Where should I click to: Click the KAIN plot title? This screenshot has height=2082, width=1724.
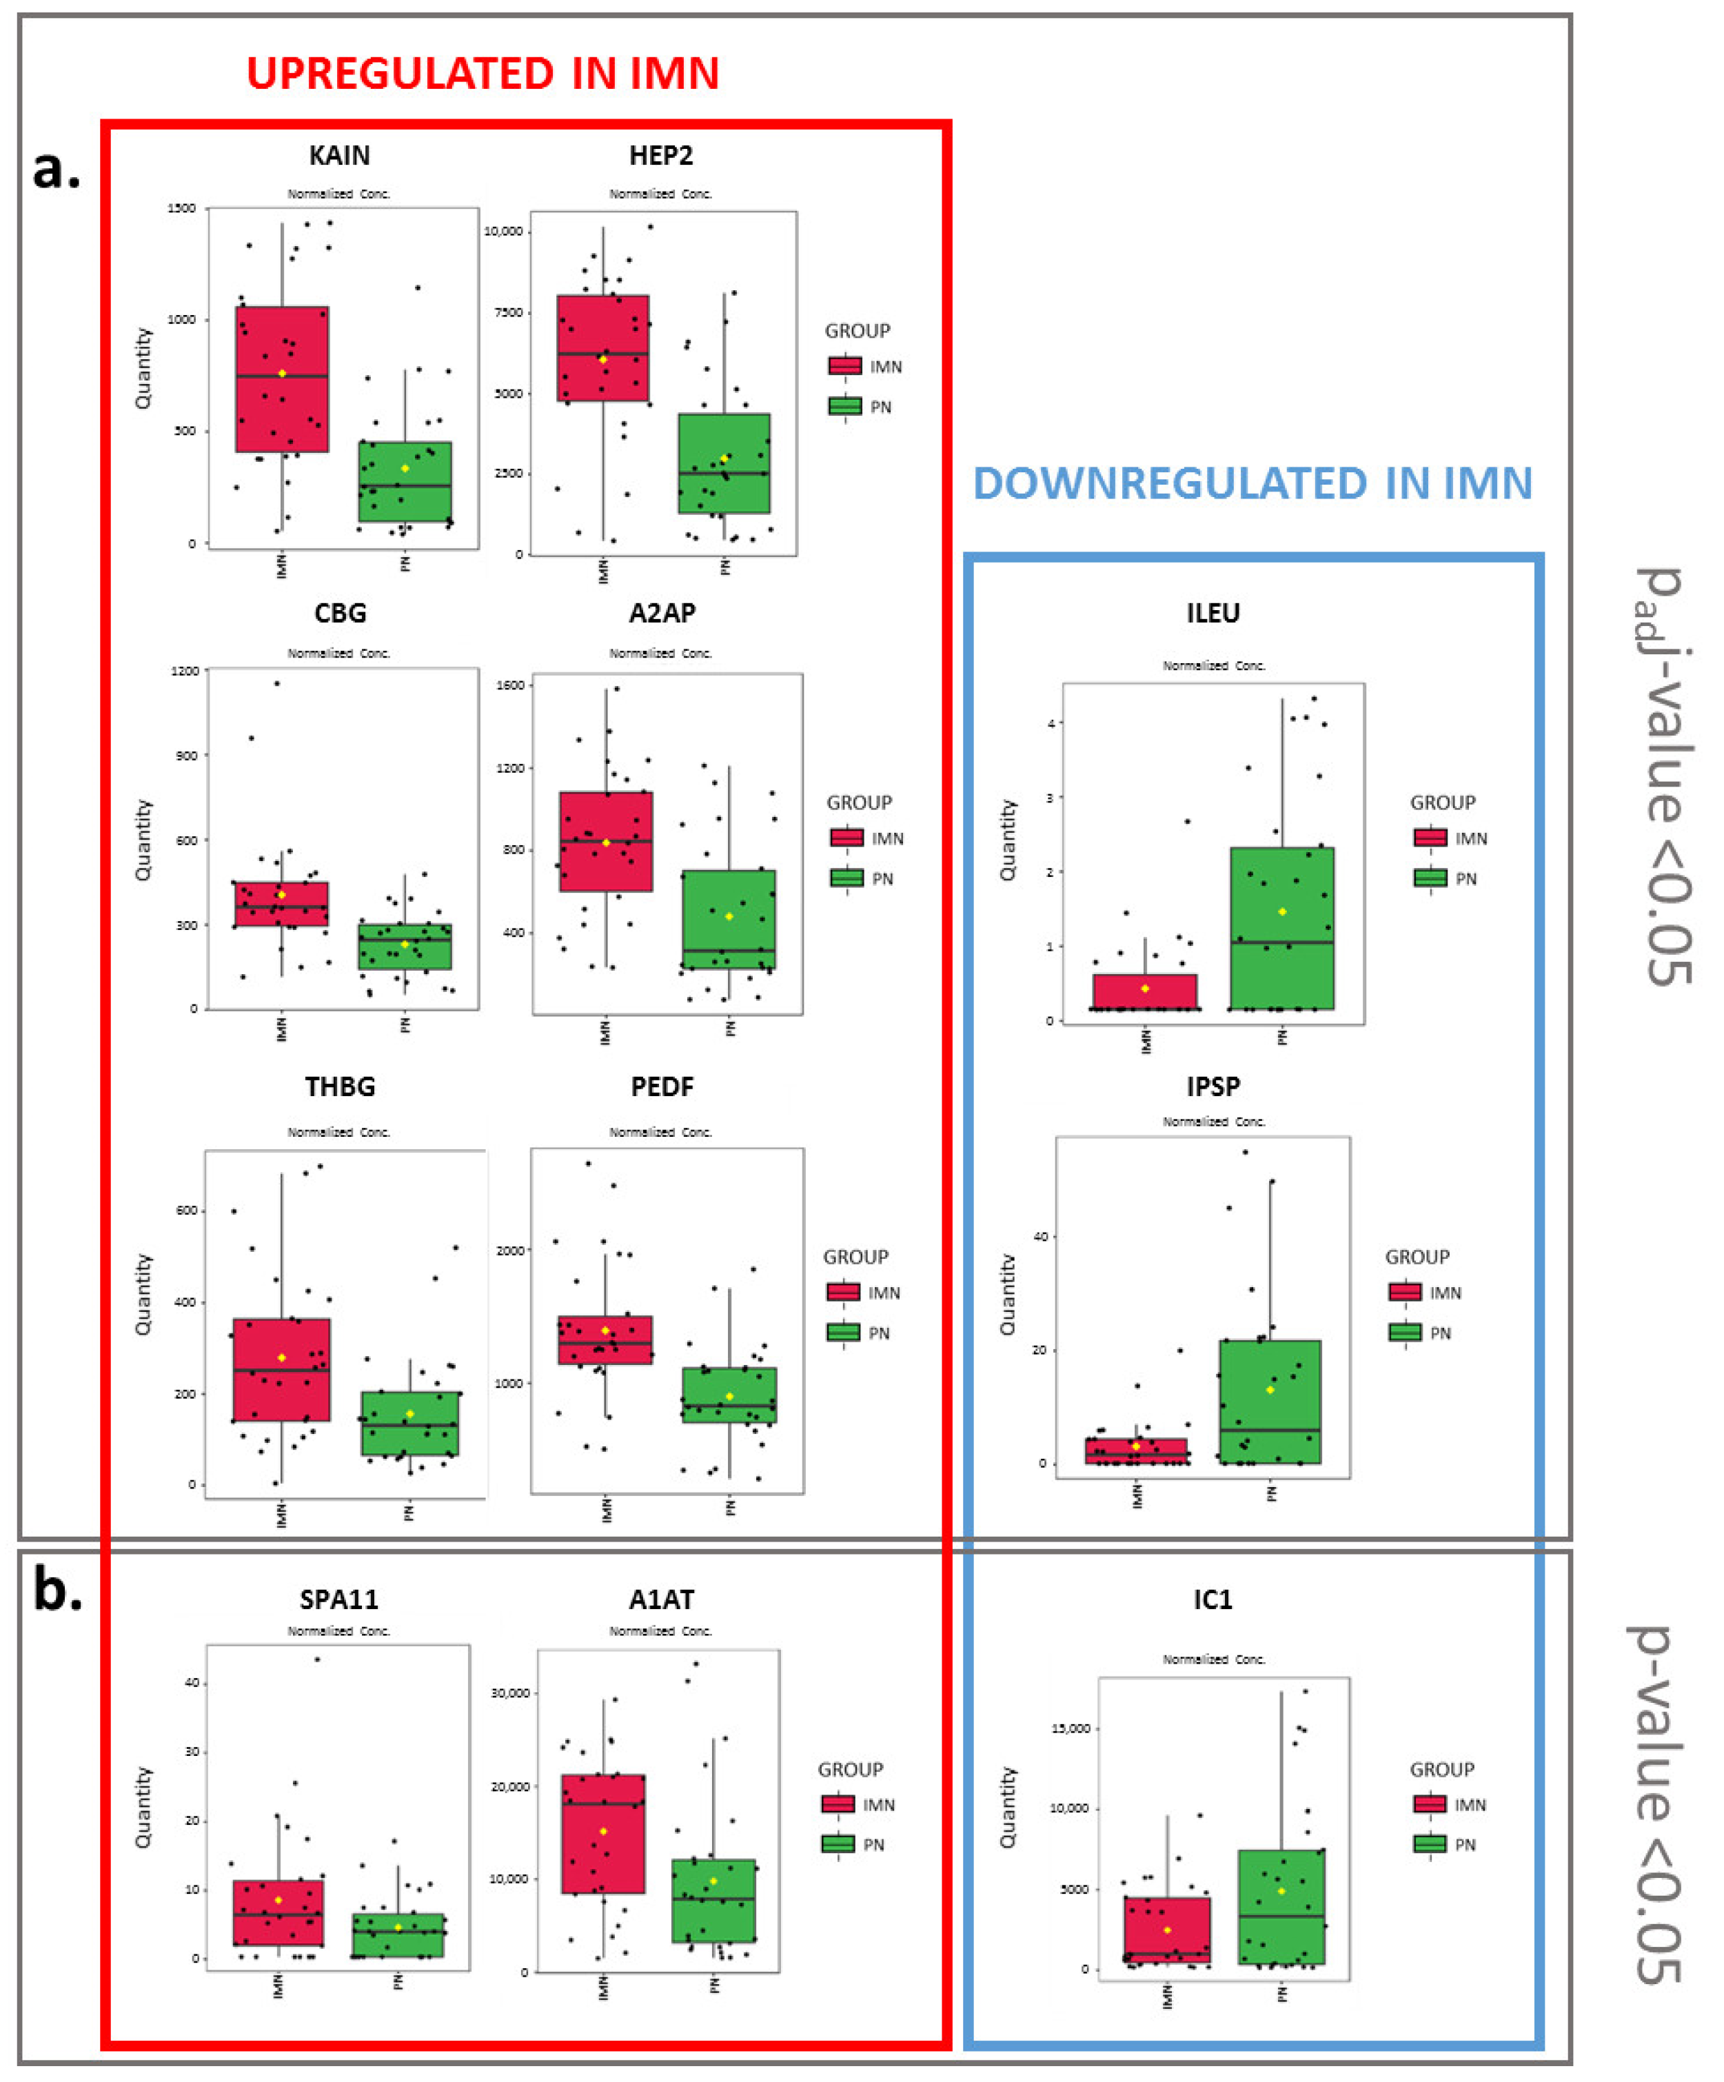point(339,156)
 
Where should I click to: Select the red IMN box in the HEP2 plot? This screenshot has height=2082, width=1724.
point(602,347)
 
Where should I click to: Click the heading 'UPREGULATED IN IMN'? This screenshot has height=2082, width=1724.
point(483,74)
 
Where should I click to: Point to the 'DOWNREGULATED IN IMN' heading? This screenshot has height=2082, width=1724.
point(1252,484)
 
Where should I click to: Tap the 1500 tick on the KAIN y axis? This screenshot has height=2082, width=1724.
point(183,208)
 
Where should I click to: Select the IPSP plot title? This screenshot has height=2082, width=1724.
point(1213,1087)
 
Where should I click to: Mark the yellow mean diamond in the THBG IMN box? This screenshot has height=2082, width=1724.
point(281,1357)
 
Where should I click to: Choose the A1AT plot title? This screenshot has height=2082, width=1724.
point(661,1599)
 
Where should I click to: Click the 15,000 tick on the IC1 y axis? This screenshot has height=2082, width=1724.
point(1070,1728)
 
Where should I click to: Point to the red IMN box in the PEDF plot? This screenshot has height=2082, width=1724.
point(605,1340)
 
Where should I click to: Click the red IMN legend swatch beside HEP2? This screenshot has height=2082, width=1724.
point(844,366)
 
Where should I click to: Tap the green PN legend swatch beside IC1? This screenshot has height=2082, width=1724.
point(1430,1844)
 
